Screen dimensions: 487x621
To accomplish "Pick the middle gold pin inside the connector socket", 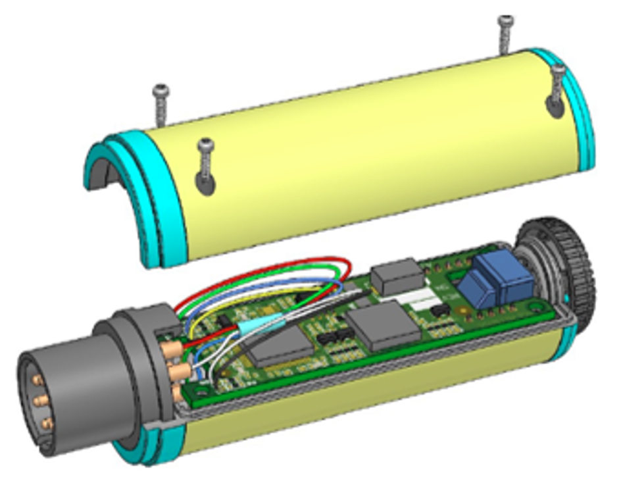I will coord(41,402).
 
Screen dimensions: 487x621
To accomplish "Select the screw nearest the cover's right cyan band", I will coord(557,86).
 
